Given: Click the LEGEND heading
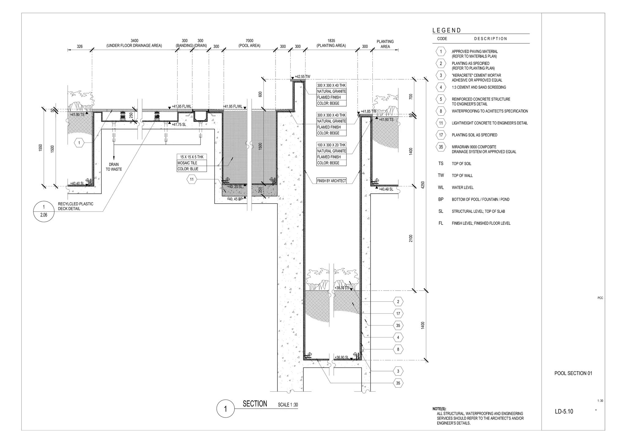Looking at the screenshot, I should pos(446,30).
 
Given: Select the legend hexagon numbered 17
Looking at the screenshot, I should pos(441,135).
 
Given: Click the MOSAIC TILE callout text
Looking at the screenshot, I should pos(187,163).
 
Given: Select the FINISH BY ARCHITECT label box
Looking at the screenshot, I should pos(331,181).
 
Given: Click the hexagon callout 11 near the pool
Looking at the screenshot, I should pos(192,180).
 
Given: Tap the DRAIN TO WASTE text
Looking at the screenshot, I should pos(114,167).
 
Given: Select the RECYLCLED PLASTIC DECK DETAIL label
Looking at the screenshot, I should pos(76,206).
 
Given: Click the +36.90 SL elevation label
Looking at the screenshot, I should pos(342,357).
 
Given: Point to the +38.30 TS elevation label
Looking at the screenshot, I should pos(342,288).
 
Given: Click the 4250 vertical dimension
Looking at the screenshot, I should pos(423,185).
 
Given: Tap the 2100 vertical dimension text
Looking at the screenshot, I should pos(411,238).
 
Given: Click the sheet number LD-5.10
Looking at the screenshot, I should pos(564,411).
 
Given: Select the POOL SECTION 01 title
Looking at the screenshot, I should pos(573,373).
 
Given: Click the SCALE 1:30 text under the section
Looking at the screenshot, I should pos(288,405).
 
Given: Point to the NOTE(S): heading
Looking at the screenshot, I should pos(439,409).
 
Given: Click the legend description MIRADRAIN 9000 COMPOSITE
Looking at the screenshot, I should pos(474,147).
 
